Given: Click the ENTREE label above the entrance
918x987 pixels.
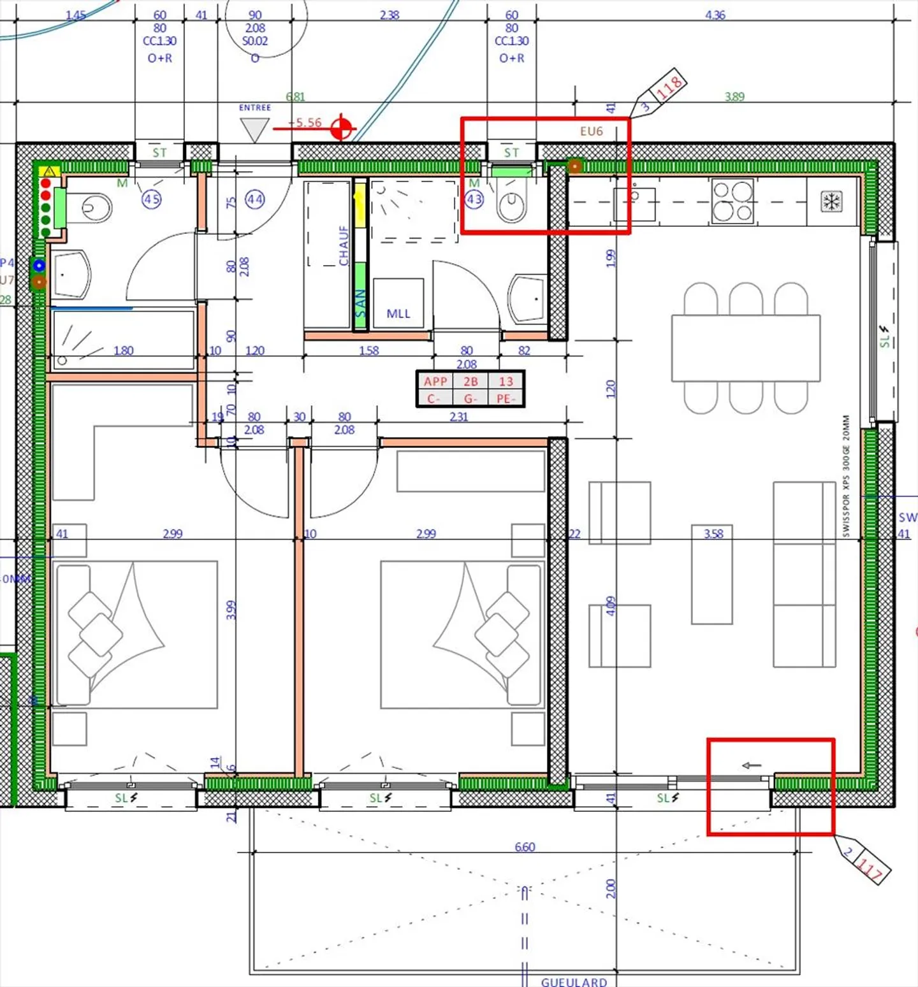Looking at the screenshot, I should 255,108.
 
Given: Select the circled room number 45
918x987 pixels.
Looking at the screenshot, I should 151,199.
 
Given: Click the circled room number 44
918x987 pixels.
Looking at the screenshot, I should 255,199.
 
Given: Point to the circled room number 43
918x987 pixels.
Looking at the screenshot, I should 474,199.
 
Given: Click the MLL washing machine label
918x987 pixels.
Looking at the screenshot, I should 398,313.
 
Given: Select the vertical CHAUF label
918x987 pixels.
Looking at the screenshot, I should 344,245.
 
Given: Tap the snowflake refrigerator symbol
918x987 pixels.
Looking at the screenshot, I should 831,202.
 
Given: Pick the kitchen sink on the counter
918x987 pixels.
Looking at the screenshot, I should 634,204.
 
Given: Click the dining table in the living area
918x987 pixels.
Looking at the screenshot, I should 745,348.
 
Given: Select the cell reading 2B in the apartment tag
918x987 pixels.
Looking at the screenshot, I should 470,381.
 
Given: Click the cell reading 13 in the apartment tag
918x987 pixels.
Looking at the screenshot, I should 506,381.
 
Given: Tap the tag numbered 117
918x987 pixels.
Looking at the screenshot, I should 870,867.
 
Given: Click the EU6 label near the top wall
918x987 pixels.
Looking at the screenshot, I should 591,131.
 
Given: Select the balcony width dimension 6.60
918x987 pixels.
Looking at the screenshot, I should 525,847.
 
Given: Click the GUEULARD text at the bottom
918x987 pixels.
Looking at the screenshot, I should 574,982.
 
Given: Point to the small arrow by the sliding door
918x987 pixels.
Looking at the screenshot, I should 752,765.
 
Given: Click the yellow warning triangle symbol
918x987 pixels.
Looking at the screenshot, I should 49,171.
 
